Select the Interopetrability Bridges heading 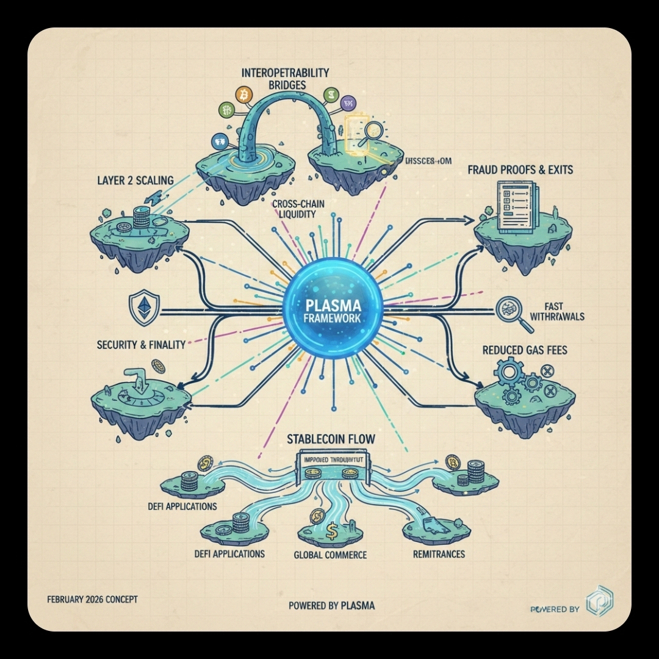pyautogui.click(x=286, y=78)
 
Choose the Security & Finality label pyautogui.click(x=141, y=345)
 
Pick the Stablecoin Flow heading pyautogui.click(x=331, y=439)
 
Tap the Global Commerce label pyautogui.click(x=330, y=555)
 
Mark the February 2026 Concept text pyautogui.click(x=92, y=599)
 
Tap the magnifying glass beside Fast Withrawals pyautogui.click(x=510, y=312)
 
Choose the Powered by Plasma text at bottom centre pyautogui.click(x=332, y=605)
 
